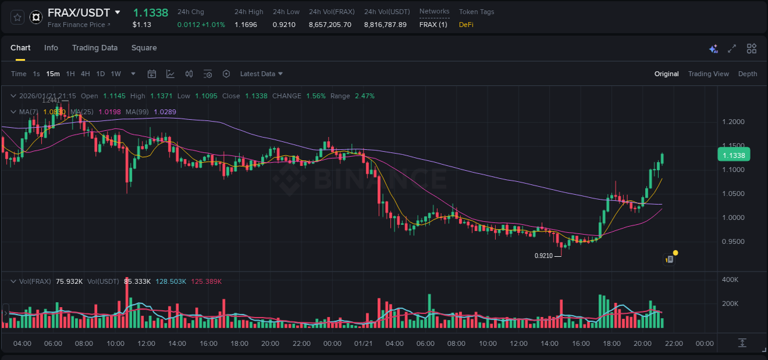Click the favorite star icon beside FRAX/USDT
[18, 17]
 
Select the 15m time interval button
[53, 74]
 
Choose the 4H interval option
[85, 74]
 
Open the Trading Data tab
[95, 48]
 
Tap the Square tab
[144, 48]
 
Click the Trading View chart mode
[708, 74]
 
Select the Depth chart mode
[748, 74]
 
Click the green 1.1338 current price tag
[733, 155]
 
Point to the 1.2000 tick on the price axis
[733, 122]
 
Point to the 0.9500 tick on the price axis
[733, 241]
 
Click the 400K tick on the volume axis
[730, 280]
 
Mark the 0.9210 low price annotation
[544, 256]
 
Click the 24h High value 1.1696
[246, 25]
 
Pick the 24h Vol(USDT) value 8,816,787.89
[385, 25]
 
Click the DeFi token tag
[467, 25]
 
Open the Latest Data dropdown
[261, 74]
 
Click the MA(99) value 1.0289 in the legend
[165, 112]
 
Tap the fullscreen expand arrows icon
[732, 49]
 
